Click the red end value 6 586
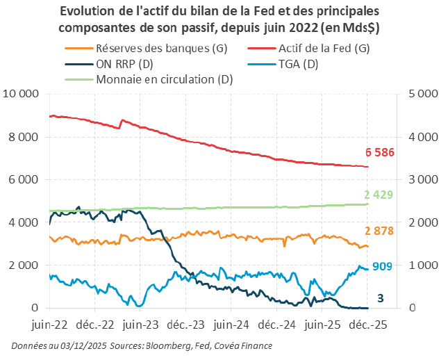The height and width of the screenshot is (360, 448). click(x=380, y=153)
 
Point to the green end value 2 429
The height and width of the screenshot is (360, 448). click(x=379, y=195)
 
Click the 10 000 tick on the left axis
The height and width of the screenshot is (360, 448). click(x=23, y=94)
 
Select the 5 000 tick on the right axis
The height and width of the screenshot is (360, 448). click(x=422, y=94)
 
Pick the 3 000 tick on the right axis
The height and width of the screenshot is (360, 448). click(x=422, y=179)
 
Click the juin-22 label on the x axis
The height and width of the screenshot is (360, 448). click(x=49, y=324)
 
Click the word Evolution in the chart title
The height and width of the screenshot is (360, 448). click(x=88, y=13)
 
